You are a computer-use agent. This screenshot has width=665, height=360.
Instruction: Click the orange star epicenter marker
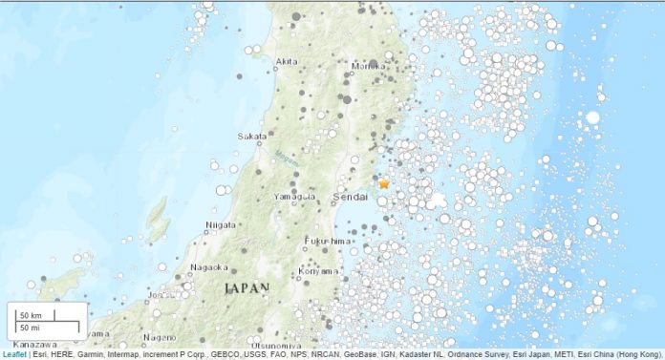click(x=384, y=183)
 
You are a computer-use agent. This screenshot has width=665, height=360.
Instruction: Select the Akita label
click(x=287, y=62)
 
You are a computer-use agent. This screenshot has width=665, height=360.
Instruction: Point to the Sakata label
click(x=252, y=137)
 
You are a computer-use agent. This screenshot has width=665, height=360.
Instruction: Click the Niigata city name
click(x=221, y=225)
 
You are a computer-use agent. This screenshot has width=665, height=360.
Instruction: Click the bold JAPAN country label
click(x=247, y=287)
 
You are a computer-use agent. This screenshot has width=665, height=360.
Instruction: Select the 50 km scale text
click(x=32, y=315)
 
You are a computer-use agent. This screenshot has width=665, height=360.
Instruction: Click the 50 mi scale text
click(x=32, y=328)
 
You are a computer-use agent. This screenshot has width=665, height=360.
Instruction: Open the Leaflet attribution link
click(x=14, y=354)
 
